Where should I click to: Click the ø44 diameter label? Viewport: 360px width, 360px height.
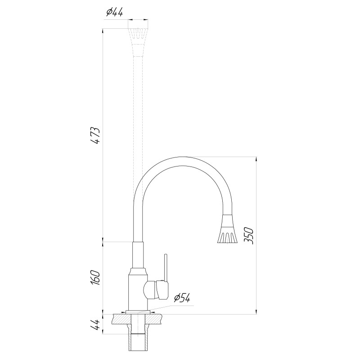click(114, 13)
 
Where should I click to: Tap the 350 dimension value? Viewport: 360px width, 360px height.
click(250, 236)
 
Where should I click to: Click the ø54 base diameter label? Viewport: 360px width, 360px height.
click(182, 297)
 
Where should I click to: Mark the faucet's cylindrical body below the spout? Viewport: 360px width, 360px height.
click(137, 290)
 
